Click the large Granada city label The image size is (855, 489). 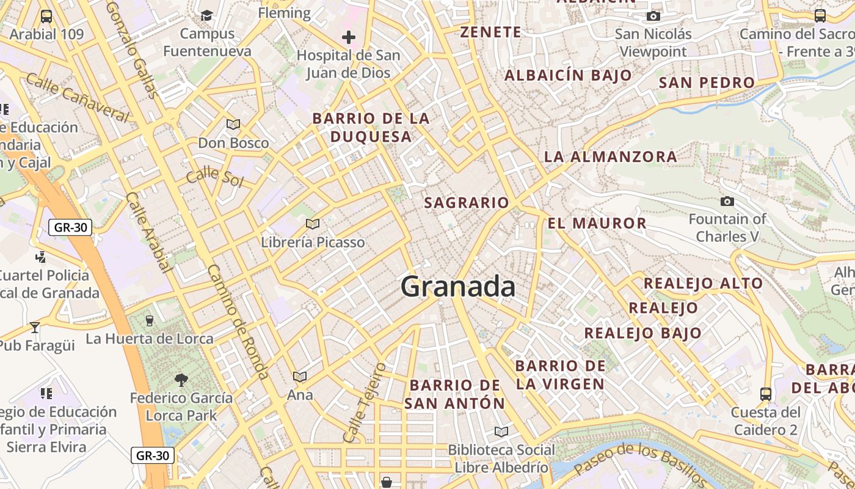(458, 286)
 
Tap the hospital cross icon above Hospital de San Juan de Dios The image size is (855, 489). (349, 37)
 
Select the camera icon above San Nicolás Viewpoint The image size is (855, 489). (653, 16)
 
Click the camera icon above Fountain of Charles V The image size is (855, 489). (727, 201)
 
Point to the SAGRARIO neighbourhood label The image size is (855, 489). (467, 202)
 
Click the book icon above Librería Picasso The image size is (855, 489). (313, 224)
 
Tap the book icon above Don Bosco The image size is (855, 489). (233, 125)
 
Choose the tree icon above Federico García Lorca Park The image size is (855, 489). (181, 380)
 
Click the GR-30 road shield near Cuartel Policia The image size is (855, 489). (70, 228)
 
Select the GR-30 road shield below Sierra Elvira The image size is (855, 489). (153, 455)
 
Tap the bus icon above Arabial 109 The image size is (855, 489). (46, 16)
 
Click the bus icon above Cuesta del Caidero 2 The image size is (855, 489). (766, 394)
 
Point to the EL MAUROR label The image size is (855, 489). (597, 223)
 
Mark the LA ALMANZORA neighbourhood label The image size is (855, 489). (610, 156)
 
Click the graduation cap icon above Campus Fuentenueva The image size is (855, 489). (207, 15)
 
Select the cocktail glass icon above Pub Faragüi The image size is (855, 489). (35, 328)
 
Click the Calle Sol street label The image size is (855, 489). (215, 177)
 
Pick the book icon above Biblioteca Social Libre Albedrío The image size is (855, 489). (501, 432)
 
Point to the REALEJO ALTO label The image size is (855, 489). (703, 283)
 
